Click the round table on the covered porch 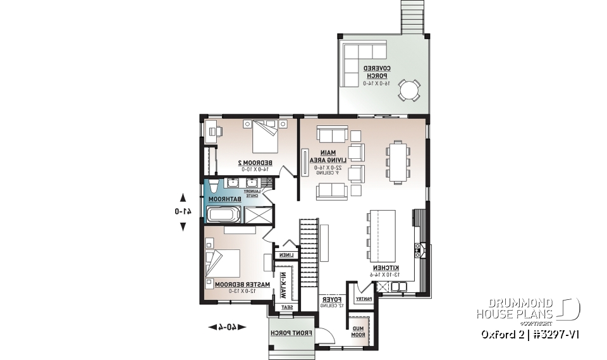pos(408,89)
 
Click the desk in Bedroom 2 pos(212,131)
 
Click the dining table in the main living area pos(398,162)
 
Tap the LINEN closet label pos(283,255)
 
